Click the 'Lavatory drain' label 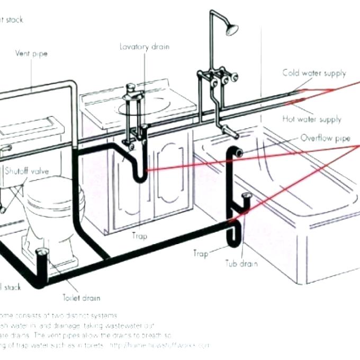[x=145, y=47]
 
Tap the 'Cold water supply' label [x=314, y=73]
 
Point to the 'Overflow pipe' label [x=325, y=138]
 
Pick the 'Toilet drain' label [x=81, y=298]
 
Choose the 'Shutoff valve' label [x=23, y=171]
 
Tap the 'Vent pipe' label [x=30, y=53]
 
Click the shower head [x=231, y=29]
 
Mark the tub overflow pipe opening [x=239, y=153]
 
